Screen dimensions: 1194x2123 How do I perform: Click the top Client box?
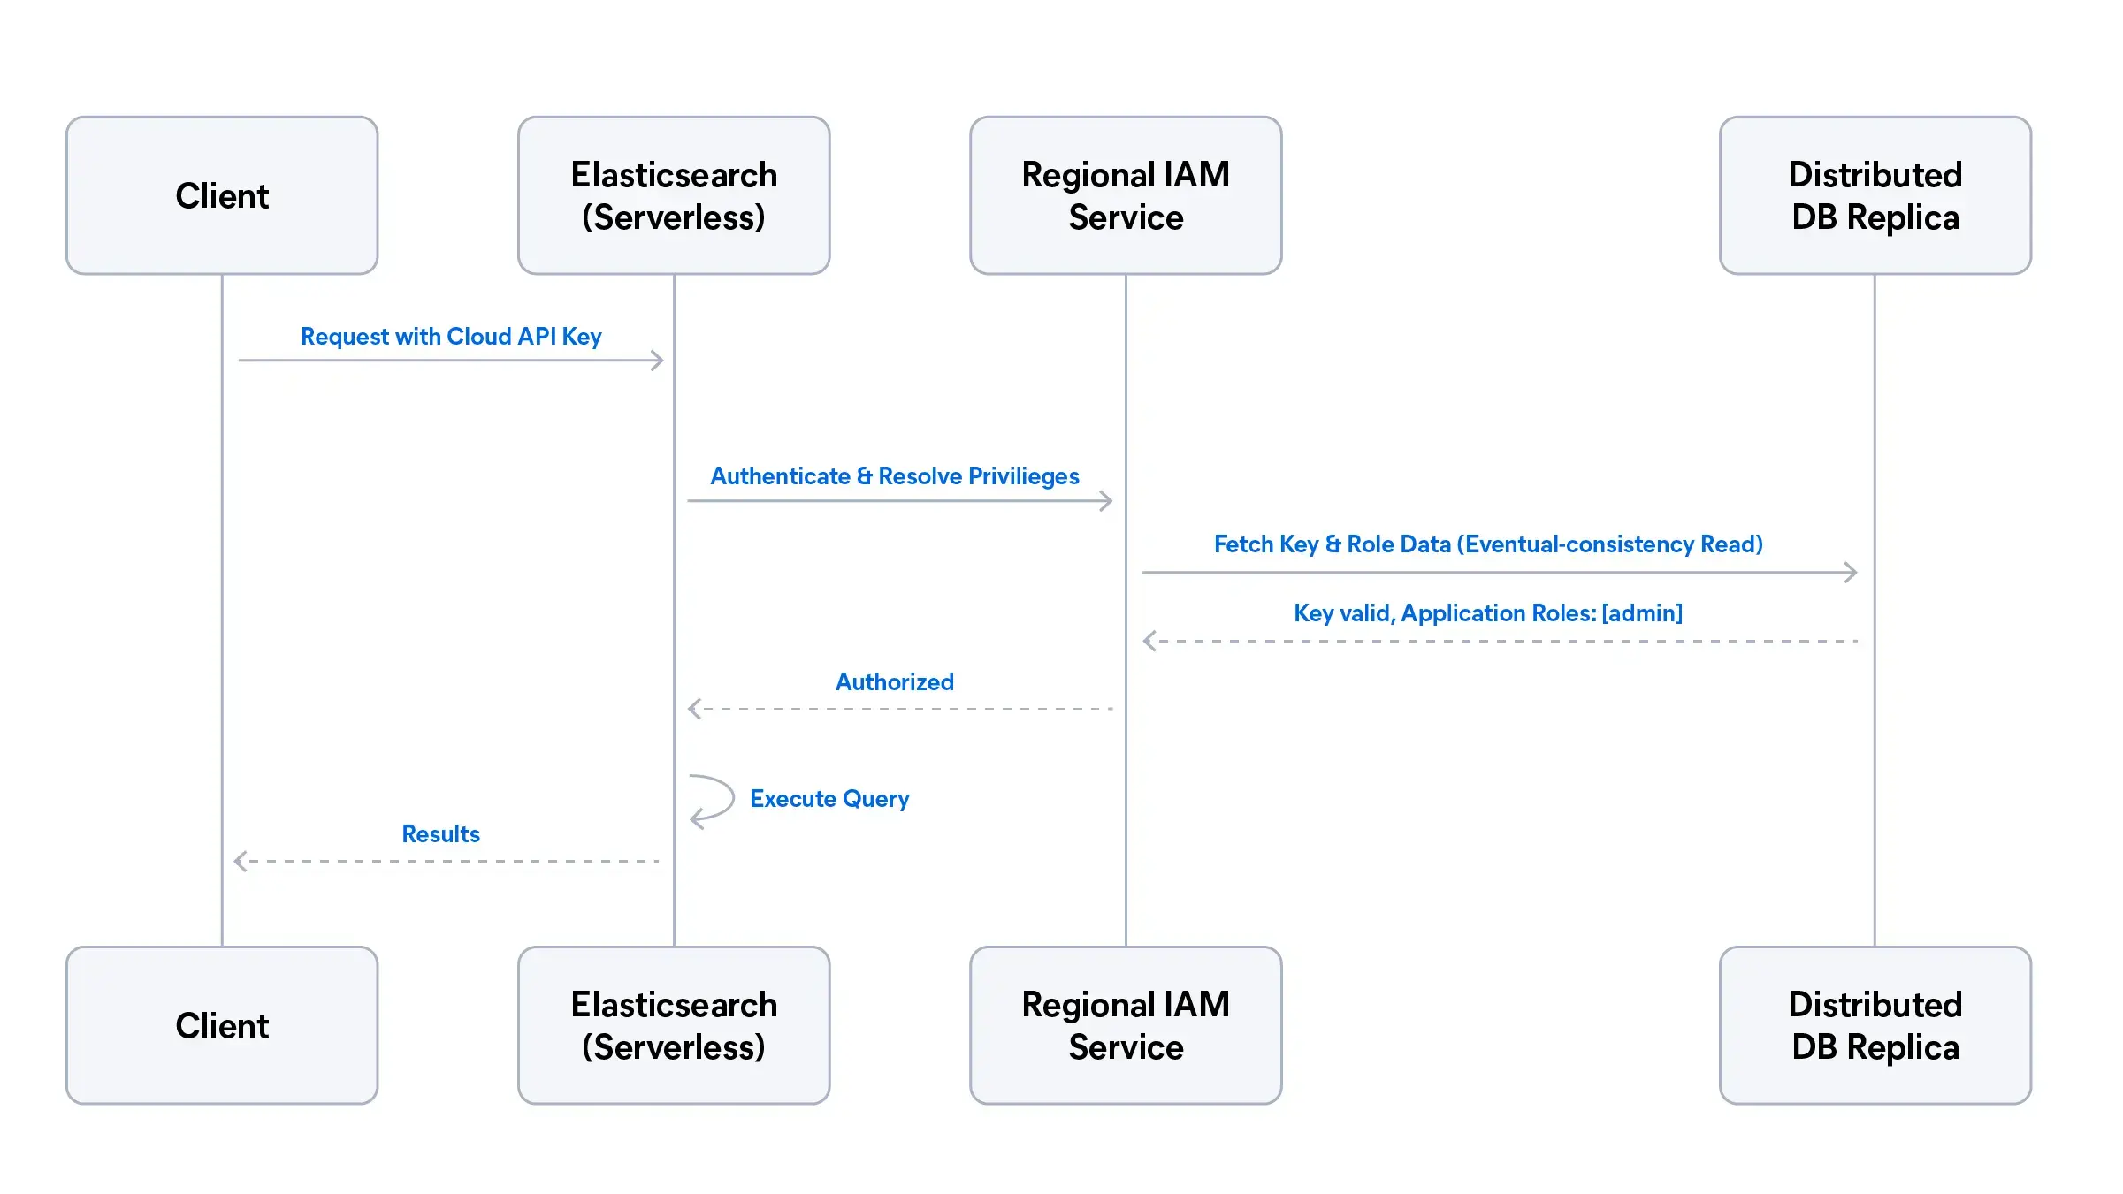tap(222, 195)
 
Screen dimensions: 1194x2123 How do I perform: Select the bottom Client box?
tap(222, 1025)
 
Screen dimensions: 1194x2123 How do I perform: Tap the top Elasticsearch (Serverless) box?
tap(674, 195)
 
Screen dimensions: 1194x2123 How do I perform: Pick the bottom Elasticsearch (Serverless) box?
tap(674, 1025)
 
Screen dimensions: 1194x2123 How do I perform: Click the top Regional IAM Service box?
tap(1126, 195)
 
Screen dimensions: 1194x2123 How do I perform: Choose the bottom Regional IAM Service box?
tap(1126, 1025)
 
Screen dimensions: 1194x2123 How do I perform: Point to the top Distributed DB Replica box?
tap(1875, 195)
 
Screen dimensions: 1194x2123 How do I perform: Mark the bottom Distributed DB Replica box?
tap(1875, 1025)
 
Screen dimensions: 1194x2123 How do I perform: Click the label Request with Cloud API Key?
tap(451, 337)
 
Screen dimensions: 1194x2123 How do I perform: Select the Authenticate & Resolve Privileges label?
tap(895, 476)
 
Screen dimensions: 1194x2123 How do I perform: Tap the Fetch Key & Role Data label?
tap(1488, 544)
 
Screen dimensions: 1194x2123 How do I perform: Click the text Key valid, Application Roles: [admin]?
tap(1488, 613)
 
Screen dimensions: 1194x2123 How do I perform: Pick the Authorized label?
tap(895, 682)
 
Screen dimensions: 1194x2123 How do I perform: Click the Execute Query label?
tap(829, 799)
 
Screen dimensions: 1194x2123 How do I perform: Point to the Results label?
tap(440, 834)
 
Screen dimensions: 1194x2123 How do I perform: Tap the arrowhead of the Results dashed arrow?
tap(240, 861)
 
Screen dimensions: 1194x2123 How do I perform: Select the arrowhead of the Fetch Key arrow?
tap(1852, 573)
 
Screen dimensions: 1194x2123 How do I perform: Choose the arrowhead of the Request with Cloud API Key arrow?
tap(658, 361)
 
